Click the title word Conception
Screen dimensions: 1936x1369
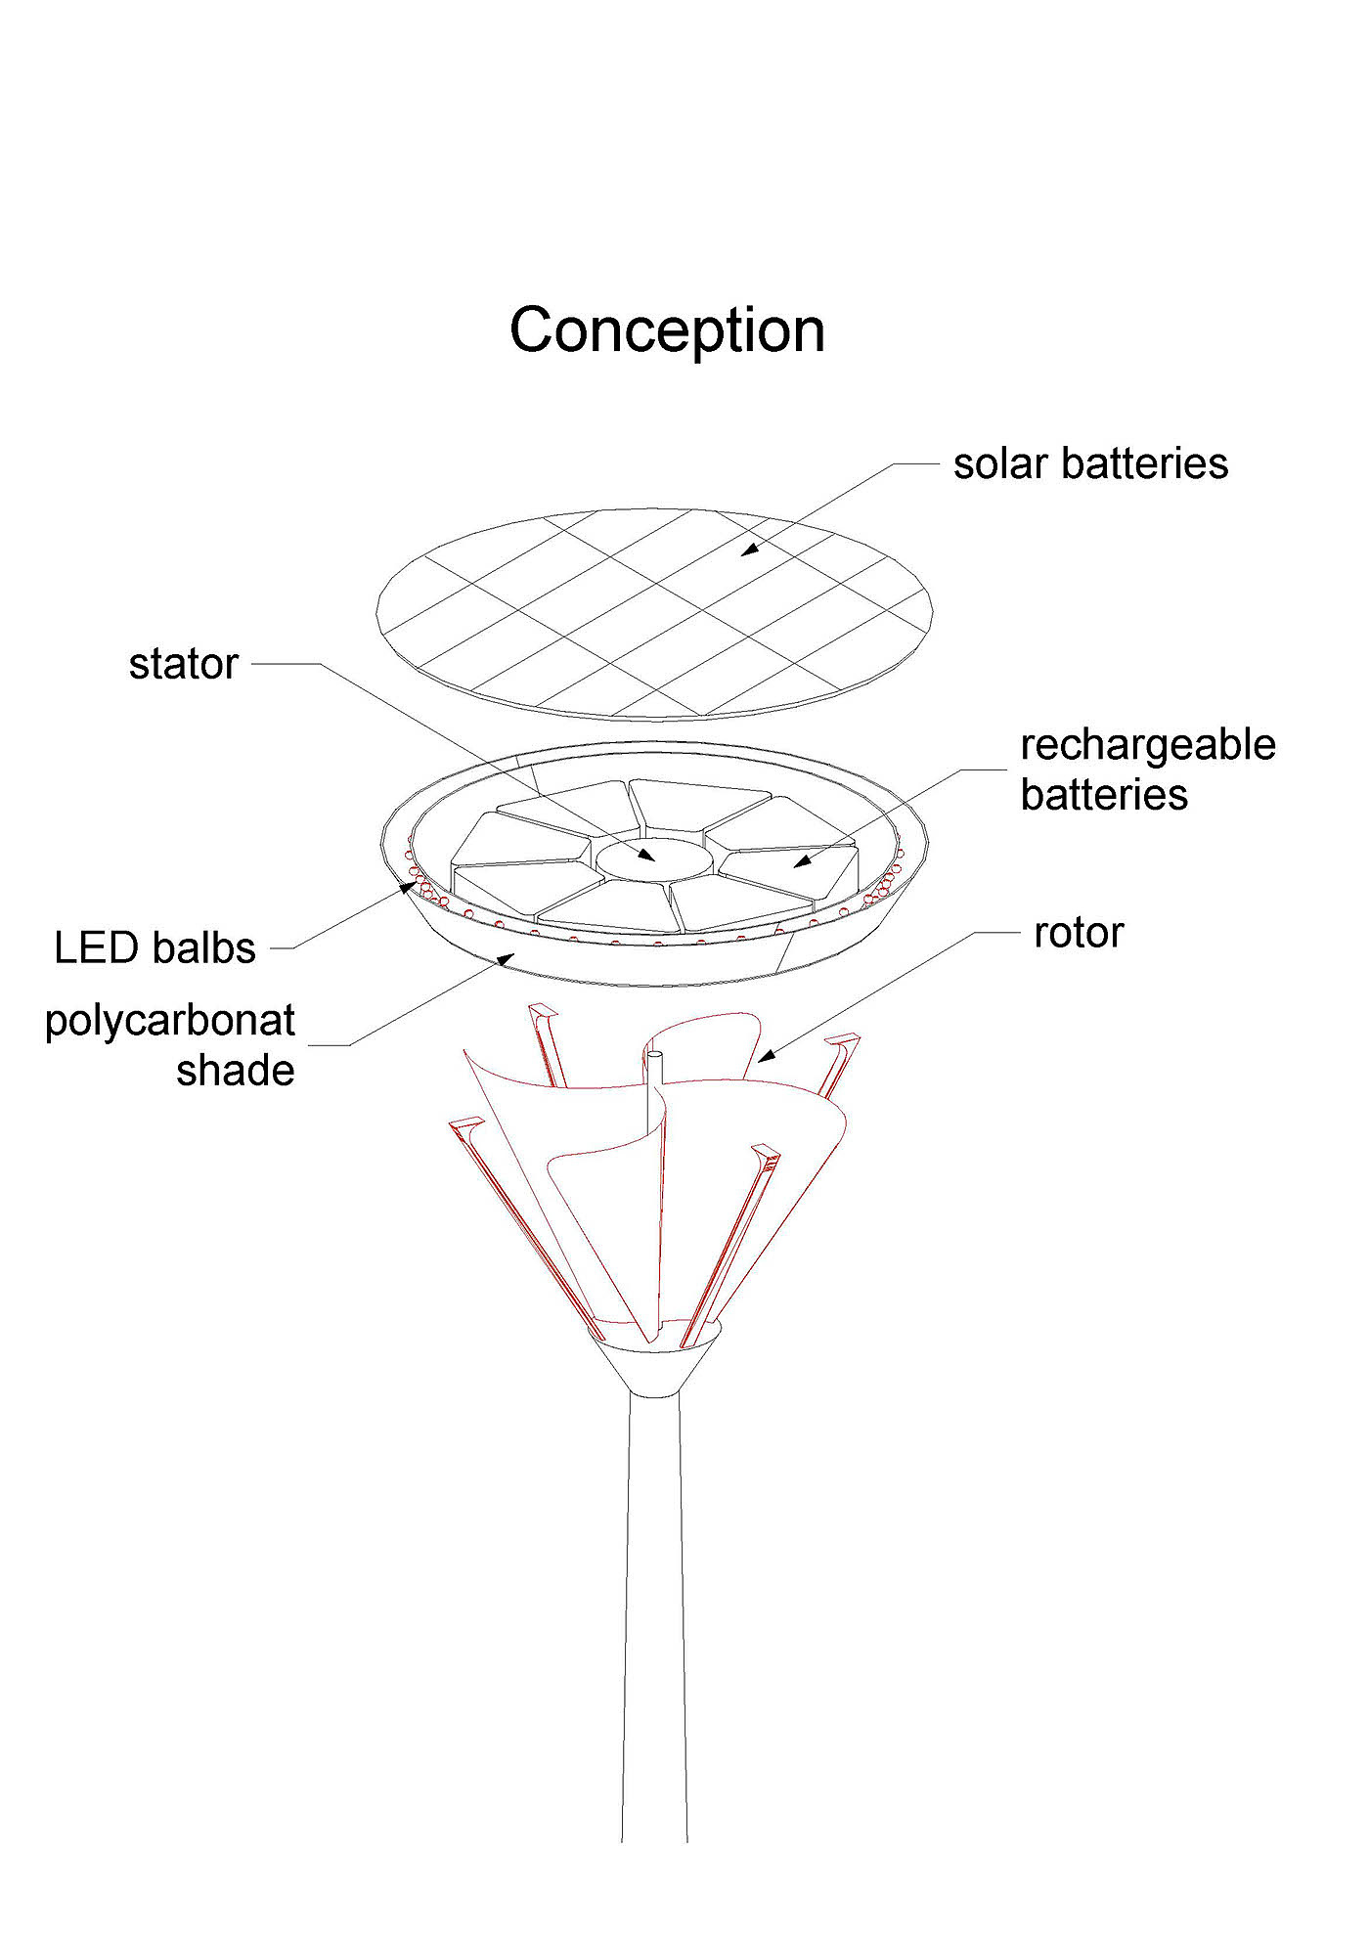[x=667, y=330]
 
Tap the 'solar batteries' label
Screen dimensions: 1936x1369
[x=1090, y=463]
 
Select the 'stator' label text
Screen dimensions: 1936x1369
[x=184, y=665]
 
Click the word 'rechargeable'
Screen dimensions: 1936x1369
[x=1147, y=746]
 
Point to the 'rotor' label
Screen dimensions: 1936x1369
[x=1079, y=933]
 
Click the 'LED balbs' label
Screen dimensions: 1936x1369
[x=155, y=948]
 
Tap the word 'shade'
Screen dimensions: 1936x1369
[x=236, y=1071]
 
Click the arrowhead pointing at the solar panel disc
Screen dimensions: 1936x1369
[x=748, y=550]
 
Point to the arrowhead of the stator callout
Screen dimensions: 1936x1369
[x=646, y=857]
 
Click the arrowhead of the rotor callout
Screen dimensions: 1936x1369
[x=766, y=1056]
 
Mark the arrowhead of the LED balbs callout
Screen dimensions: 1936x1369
[x=407, y=887]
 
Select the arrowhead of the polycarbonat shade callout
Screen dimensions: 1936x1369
[x=505, y=958]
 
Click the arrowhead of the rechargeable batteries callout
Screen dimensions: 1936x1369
[x=802, y=861]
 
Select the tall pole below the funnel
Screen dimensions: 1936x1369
[x=654, y=1613]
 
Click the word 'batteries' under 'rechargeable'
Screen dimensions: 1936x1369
[x=1104, y=795]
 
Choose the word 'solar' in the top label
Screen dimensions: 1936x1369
[x=1000, y=463]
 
